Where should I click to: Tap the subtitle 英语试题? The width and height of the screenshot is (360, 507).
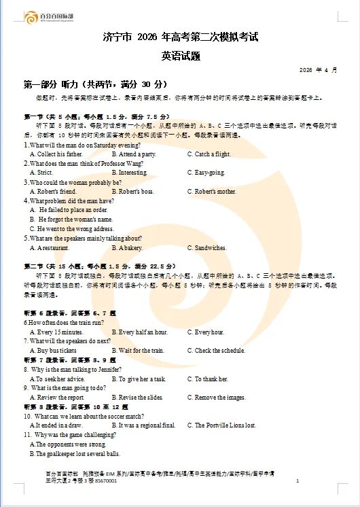click(x=181, y=56)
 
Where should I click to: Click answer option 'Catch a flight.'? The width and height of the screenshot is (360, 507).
click(x=213, y=154)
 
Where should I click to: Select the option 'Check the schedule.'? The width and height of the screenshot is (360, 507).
click(x=219, y=351)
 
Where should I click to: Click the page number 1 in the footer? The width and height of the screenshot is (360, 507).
click(x=298, y=481)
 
